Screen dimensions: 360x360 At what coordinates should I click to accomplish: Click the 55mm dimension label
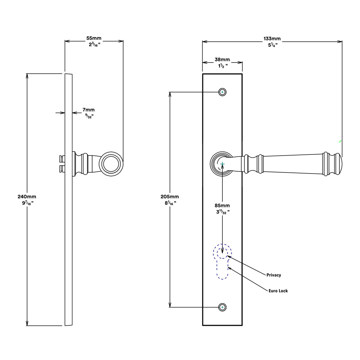coord(94,38)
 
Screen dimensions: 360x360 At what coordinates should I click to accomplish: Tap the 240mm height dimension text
coord(27,197)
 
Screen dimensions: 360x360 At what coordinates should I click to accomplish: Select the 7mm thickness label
coord(89,110)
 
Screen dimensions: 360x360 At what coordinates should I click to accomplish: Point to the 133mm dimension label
coord(272,39)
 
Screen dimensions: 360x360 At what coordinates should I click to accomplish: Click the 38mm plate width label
coord(222,59)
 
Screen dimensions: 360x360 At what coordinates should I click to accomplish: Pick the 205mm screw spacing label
coord(170,197)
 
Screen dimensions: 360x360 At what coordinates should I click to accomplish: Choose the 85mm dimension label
coord(222,206)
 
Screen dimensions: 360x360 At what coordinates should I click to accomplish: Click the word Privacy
coord(274,275)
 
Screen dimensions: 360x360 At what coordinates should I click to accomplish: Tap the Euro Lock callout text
coord(278,291)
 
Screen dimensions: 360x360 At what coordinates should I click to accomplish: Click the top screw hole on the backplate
coord(222,92)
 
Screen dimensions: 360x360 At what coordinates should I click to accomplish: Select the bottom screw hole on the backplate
coord(222,307)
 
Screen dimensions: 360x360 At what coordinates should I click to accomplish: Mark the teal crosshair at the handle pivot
coord(222,164)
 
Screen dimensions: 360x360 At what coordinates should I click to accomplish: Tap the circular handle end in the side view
coord(111,164)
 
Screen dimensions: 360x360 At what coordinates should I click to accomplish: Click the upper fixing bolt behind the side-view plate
coord(62,159)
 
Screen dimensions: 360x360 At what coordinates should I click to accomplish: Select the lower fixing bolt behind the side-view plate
coord(62,169)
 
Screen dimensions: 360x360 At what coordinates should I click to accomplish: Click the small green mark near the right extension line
coord(340,141)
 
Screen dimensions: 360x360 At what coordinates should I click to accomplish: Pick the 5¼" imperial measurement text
coord(273,45)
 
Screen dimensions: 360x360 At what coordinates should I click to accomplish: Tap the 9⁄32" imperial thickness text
coord(89,116)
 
